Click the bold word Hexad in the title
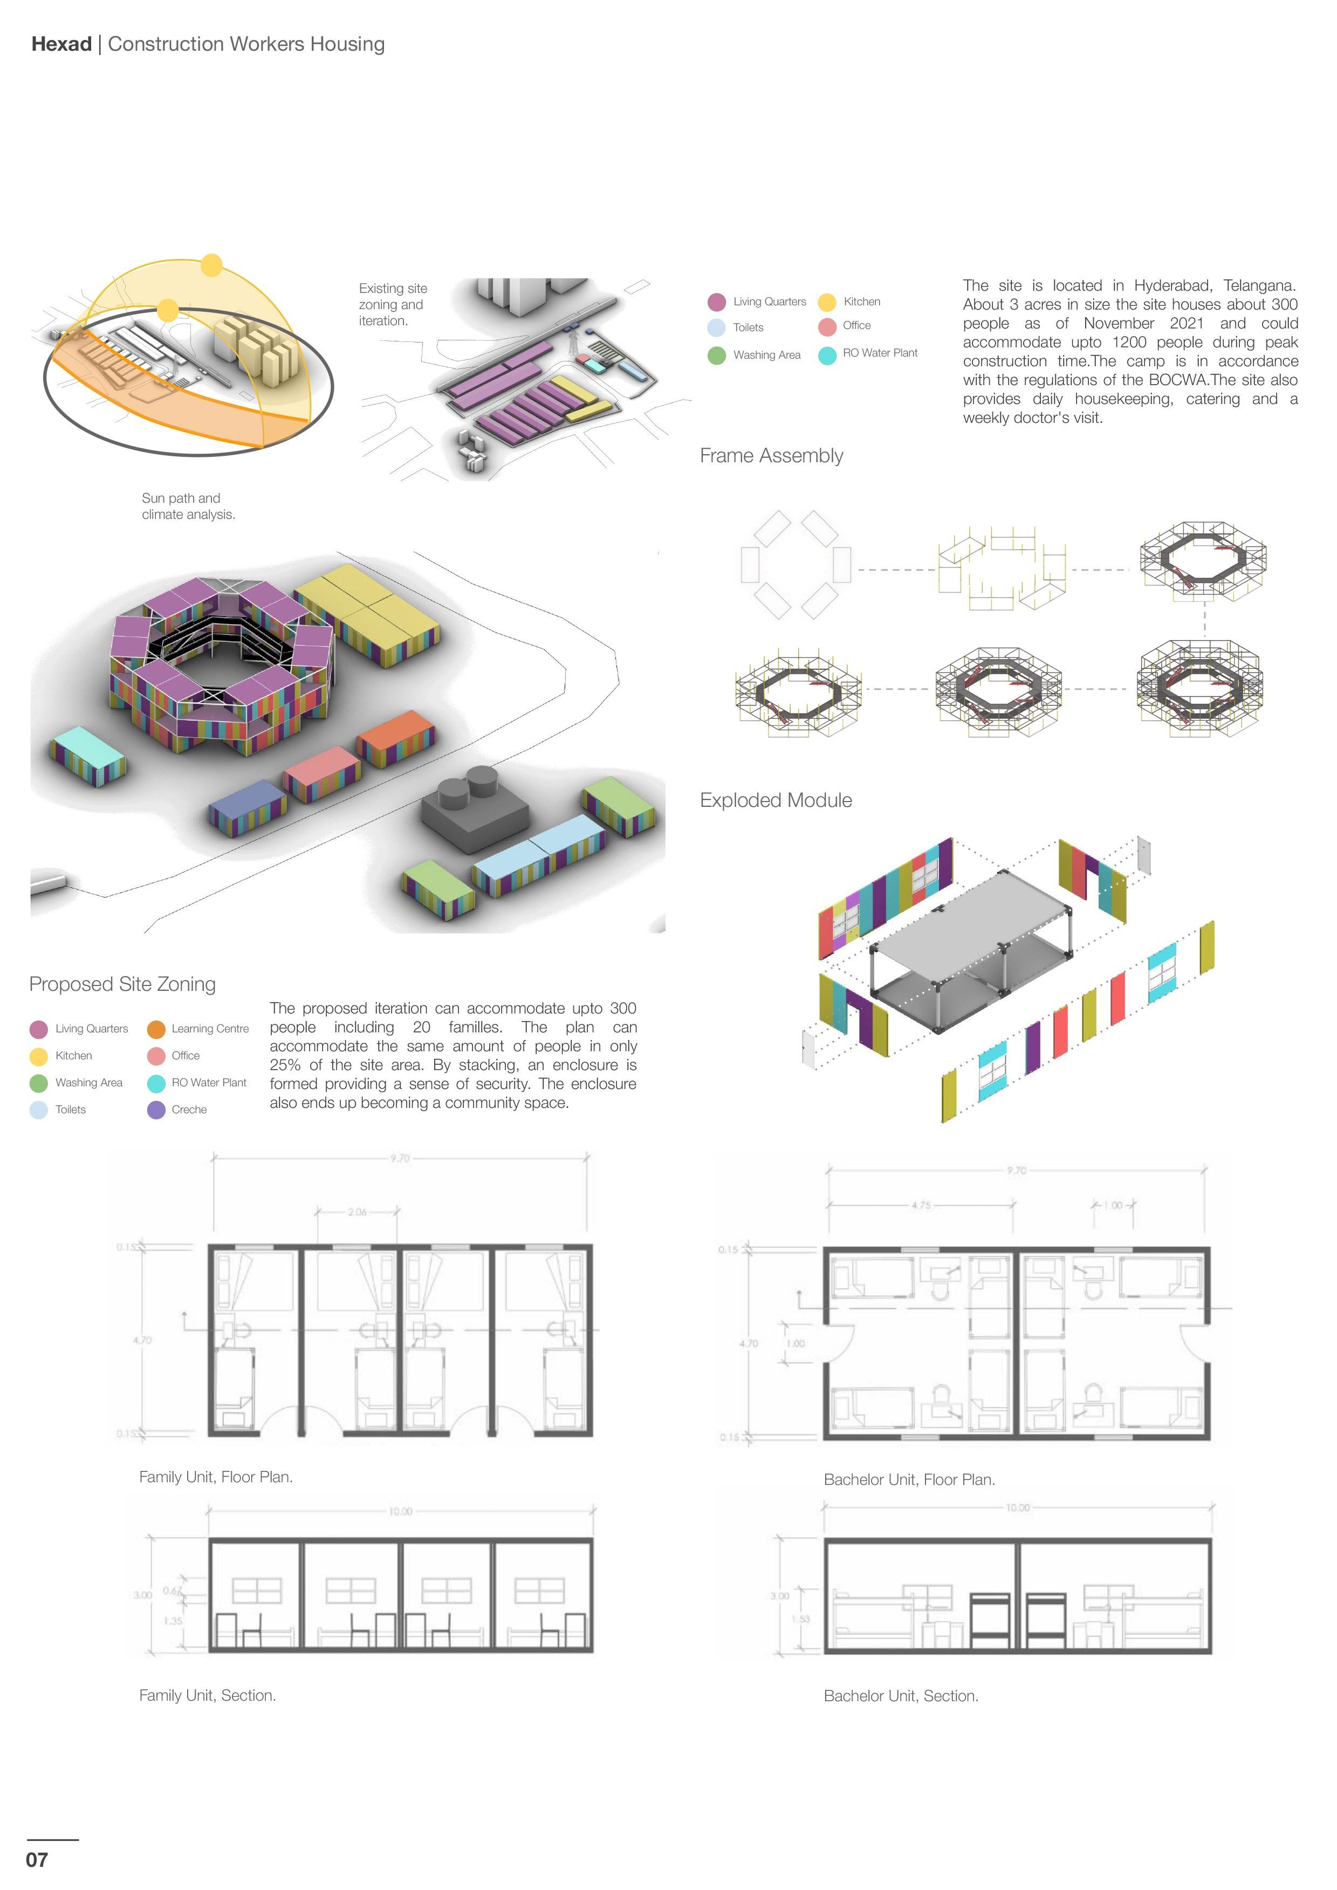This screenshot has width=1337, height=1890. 61,44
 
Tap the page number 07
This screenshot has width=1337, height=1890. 37,1859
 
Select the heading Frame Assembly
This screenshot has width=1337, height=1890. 771,456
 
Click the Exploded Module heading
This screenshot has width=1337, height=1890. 776,800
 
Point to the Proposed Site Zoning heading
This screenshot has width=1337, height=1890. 122,984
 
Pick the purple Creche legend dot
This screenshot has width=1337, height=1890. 156,1110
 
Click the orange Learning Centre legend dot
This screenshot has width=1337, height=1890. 156,1029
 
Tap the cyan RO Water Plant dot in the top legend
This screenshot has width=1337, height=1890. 827,355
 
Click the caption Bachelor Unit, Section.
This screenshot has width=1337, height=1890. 901,1696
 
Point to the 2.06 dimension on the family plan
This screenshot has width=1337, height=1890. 357,1211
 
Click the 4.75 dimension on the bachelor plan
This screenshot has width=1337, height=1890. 921,1205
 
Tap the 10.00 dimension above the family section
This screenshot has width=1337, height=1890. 400,1511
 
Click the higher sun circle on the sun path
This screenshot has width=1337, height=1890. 211,265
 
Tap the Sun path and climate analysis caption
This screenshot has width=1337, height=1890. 189,506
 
